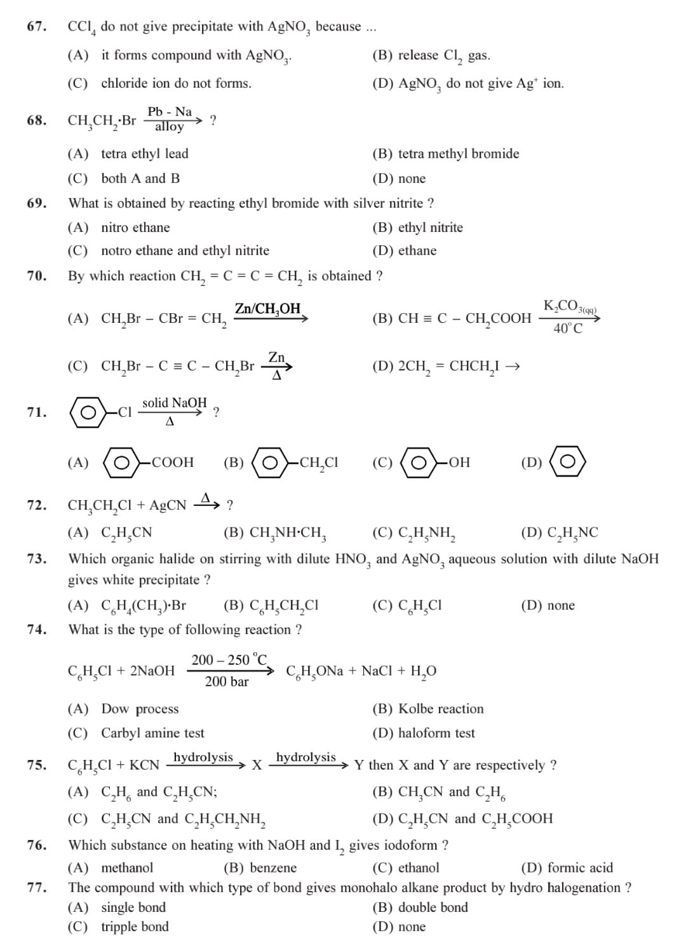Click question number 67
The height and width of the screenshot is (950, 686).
pos(36,27)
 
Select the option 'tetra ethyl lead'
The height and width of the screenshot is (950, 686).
pos(144,154)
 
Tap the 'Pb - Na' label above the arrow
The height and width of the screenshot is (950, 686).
pos(170,112)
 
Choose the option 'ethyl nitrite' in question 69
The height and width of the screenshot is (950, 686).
pos(430,227)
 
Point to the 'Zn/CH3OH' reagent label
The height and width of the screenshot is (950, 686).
pos(267,309)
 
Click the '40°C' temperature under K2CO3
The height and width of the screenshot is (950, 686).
pos(567,329)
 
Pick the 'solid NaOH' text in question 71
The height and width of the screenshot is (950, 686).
pos(174,403)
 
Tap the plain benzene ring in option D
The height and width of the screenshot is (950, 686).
pos(567,462)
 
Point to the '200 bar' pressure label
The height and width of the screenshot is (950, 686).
pos(227,682)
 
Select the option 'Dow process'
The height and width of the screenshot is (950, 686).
pos(140,709)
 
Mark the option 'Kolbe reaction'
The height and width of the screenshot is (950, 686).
pos(440,709)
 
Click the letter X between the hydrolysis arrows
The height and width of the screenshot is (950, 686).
pos(257,765)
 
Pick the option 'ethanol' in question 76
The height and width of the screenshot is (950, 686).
pos(419,868)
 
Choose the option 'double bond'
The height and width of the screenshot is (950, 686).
pos(433,907)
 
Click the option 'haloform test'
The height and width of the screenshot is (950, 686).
pos(436,733)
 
